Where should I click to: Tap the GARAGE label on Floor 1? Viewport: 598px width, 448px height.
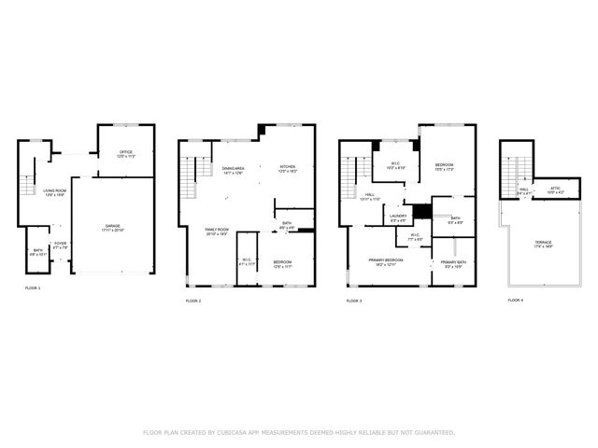112,227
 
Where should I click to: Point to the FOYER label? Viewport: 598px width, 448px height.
60,245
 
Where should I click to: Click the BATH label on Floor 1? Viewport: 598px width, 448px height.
37,250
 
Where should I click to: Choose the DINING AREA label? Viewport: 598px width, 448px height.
233,169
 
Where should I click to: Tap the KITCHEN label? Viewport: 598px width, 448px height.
288,169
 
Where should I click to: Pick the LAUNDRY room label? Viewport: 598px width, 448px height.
398,217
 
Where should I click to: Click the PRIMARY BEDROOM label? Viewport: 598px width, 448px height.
385,260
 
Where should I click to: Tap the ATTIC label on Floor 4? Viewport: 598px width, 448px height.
555,189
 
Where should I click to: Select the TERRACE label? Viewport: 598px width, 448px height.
543,245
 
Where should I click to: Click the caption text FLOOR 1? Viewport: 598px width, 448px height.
33,288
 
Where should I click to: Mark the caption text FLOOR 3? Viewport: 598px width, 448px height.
354,301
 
